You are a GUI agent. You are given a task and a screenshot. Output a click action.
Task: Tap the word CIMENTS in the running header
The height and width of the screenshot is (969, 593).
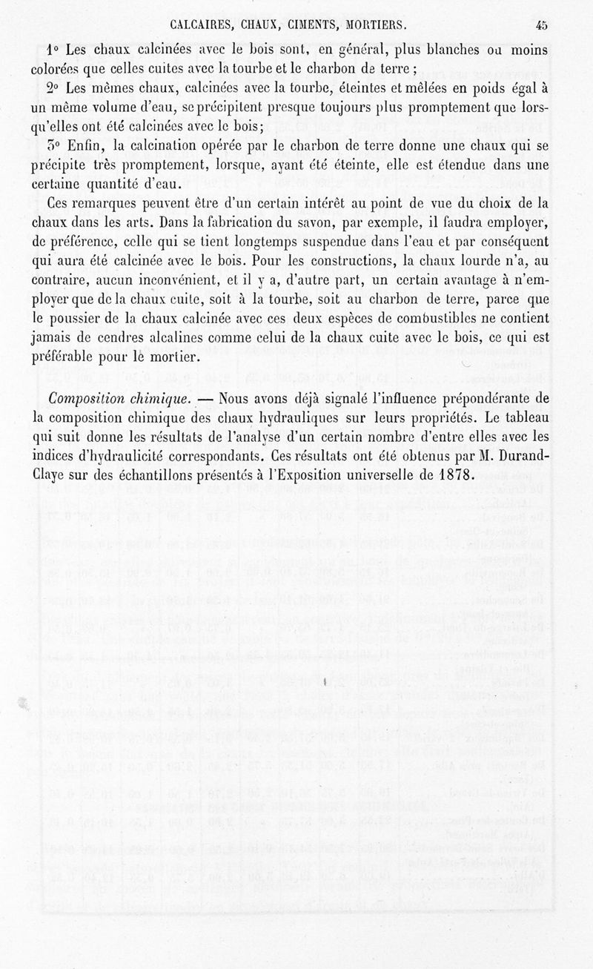pos(313,24)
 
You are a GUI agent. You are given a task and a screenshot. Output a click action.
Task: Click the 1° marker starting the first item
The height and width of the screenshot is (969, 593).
pos(53,50)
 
